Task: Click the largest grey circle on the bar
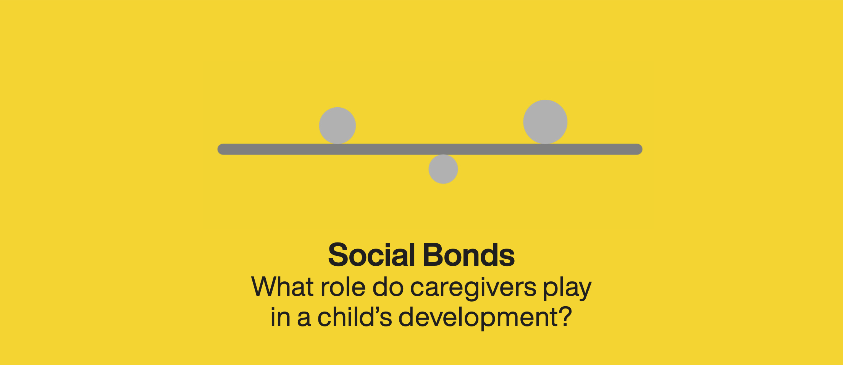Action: (545, 122)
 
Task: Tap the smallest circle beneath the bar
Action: (443, 169)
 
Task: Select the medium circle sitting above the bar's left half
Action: (338, 126)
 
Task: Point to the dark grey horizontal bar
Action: (430, 149)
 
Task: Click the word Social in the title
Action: (371, 255)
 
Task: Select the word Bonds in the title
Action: (469, 255)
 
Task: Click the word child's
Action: (355, 317)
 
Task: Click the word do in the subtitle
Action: (388, 287)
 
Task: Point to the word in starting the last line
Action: (280, 317)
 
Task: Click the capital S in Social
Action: (338, 255)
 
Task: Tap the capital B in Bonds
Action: (433, 255)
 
